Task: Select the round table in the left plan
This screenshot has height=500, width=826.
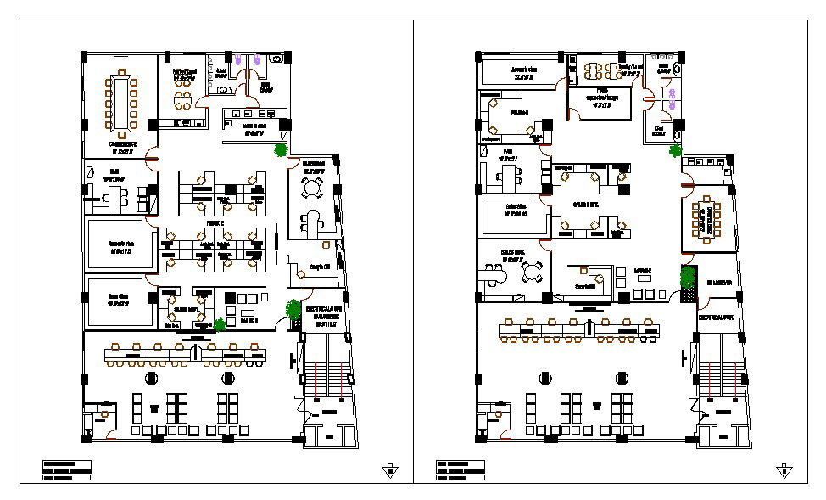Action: [315, 187]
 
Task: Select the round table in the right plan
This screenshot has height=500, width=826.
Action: [533, 272]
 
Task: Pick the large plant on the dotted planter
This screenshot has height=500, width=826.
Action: [689, 278]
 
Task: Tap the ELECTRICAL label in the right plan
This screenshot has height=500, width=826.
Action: [717, 315]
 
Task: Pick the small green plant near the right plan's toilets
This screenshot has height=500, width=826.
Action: [675, 152]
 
